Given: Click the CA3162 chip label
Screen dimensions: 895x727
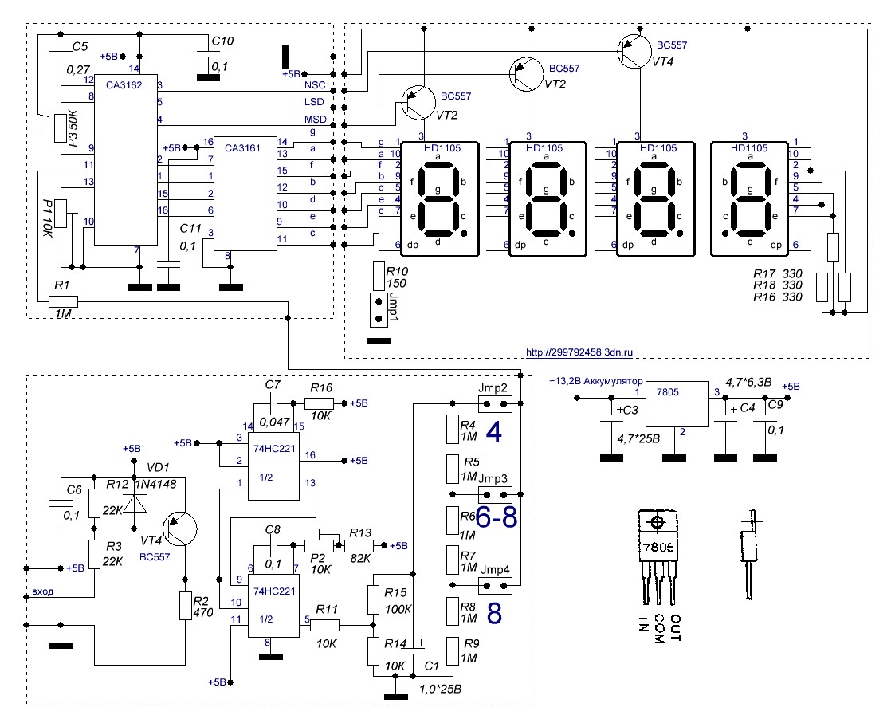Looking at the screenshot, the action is pyautogui.click(x=124, y=85).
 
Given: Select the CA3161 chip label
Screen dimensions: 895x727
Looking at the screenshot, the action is pyautogui.click(x=242, y=148).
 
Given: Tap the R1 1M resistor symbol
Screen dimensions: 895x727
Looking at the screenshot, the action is pyautogui.click(x=63, y=301).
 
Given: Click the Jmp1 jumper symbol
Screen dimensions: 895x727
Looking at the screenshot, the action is pyautogui.click(x=376, y=309).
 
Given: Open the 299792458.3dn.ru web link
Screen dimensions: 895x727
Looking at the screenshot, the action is pyautogui.click(x=579, y=352).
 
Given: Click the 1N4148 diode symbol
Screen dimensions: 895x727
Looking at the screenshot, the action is pyautogui.click(x=135, y=502).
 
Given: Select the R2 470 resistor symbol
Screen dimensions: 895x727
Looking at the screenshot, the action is pyautogui.click(x=185, y=606).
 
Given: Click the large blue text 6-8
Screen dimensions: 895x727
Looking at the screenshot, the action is pyautogui.click(x=496, y=517).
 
